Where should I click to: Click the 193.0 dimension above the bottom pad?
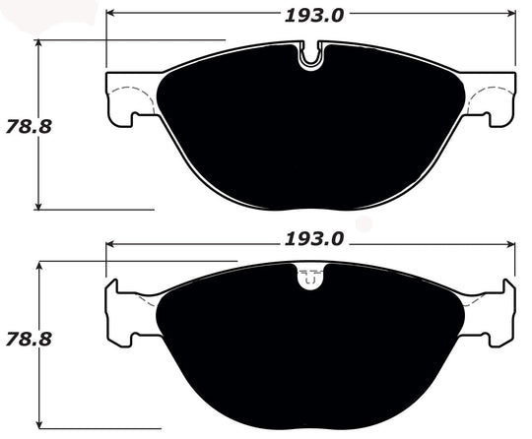point(310,239)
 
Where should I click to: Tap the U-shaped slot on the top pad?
point(310,57)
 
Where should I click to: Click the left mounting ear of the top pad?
point(123,98)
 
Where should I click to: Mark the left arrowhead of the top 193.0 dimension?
point(110,15)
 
